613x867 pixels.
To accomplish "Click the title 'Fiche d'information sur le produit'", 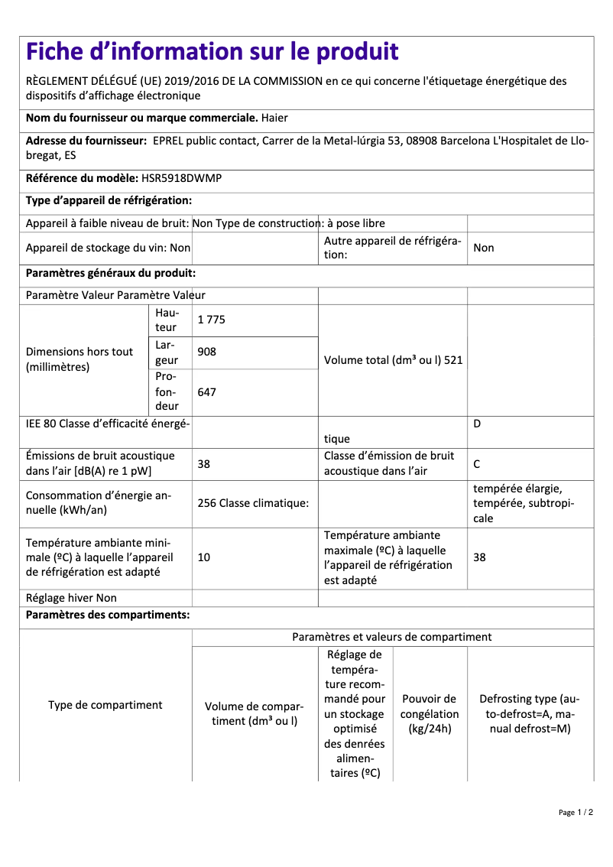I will point(212,52).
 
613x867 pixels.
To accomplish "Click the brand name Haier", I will point(274,118).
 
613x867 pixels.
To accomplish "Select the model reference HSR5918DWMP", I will point(182,177).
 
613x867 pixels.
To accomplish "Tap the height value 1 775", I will point(212,320).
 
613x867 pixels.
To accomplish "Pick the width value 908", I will point(206,352).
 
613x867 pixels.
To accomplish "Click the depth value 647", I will point(206,391).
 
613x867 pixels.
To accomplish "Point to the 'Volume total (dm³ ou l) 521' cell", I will point(393,360).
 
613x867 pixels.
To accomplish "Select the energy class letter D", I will point(477,424).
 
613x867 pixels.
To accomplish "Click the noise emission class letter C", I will point(477,463).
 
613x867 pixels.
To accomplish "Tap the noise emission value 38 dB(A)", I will point(204,463).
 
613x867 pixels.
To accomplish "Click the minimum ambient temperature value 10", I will point(204,557).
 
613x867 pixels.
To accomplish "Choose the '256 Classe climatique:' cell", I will point(253,503).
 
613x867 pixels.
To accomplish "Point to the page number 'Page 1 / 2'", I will point(576,812).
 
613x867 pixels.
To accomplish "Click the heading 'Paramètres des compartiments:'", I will point(108,615).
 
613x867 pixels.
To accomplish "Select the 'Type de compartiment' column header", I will point(105,705).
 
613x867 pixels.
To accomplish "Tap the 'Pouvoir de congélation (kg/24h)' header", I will point(430,713).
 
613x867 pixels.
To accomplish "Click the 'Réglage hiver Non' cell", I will point(71,598).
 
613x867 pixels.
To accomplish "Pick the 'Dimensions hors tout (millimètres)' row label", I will point(79,359).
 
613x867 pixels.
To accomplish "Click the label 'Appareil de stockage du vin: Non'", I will point(108,248).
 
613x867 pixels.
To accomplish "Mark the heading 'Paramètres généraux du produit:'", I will point(111,273).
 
